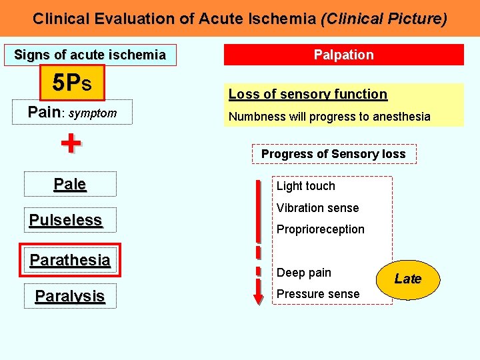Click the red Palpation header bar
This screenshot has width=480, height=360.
tap(343, 55)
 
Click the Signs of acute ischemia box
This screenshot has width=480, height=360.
tap(90, 55)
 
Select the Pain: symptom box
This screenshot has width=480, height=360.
tap(72, 113)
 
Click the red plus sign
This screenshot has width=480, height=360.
tap(71, 143)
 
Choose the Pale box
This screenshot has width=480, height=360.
tap(70, 184)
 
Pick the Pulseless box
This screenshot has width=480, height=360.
tap(66, 220)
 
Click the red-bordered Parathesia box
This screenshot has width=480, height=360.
tap(70, 260)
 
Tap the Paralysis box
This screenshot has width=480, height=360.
tap(70, 296)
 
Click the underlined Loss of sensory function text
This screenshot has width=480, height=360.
tap(308, 95)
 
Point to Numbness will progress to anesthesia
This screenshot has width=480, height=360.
tap(329, 117)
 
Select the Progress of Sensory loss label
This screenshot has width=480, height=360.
tap(333, 154)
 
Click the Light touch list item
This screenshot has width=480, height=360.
tap(306, 186)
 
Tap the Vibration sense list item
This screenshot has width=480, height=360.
tap(317, 208)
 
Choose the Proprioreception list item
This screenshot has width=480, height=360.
tap(321, 229)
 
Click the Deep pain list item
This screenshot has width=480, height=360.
tap(304, 273)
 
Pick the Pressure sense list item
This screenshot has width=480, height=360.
tap(318, 294)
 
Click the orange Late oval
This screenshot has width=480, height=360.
tap(407, 279)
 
